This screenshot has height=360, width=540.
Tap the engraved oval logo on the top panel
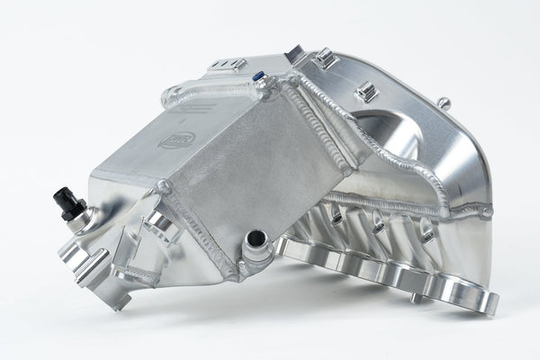pos(176,139)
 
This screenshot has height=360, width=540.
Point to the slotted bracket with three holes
pos(227,64)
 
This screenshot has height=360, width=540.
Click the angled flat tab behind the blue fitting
pos(295,54)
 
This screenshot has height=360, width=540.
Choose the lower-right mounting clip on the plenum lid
pos(365,92)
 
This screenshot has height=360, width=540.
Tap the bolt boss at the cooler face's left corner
pos(164,187)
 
